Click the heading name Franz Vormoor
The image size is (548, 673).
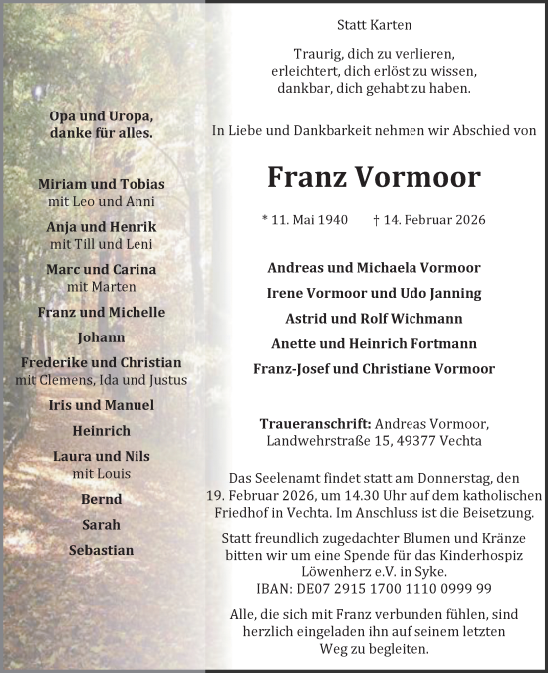point(374,177)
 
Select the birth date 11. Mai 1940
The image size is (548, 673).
point(310,219)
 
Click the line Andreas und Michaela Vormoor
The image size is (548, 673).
point(374,268)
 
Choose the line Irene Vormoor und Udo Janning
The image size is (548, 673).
point(374,293)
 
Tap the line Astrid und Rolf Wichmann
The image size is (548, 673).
point(374,319)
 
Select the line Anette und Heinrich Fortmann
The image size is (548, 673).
point(374,343)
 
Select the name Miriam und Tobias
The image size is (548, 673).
point(101,185)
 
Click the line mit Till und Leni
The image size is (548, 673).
point(101,243)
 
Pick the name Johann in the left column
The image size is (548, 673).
point(101,337)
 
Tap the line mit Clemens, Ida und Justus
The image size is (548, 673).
point(101,379)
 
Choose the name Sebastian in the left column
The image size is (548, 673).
point(101,550)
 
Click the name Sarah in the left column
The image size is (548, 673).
point(101,524)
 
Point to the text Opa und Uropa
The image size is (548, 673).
point(101,115)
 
